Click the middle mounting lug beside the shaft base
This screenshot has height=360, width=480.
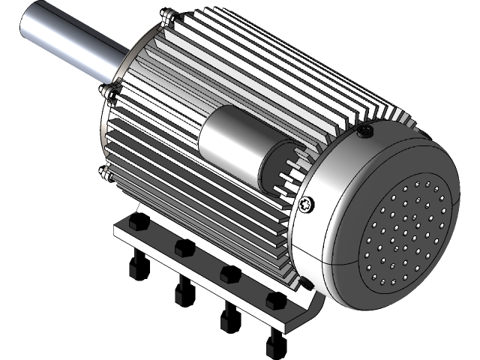click(112, 93)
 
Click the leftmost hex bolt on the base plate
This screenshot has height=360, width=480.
click(136, 223)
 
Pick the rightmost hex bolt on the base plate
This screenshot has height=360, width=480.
click(274, 301)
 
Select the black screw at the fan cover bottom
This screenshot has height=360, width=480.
click(306, 285)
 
